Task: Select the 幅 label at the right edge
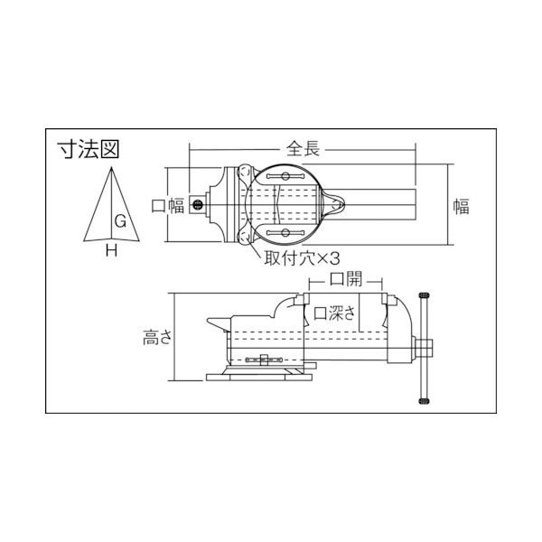point(461,206)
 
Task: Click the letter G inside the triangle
point(119,220)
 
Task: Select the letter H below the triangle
point(111,252)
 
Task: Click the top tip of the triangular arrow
point(111,168)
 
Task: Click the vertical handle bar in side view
point(423,348)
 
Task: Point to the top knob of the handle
point(423,297)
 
